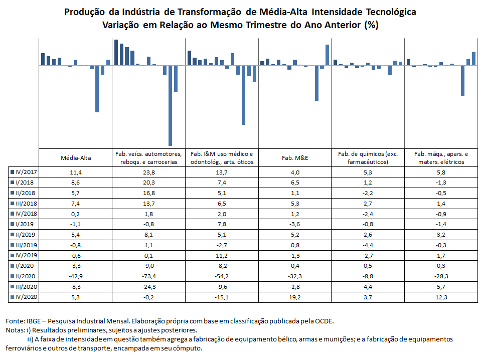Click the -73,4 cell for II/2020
(x=149, y=276)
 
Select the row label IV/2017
(x=26, y=172)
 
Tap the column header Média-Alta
(x=76, y=158)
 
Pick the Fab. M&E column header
(x=295, y=158)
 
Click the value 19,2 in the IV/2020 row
(x=295, y=297)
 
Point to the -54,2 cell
(x=222, y=276)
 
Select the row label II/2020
(x=26, y=276)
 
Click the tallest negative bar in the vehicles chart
(x=170, y=105)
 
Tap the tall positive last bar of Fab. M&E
(x=328, y=55)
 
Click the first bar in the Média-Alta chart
(x=43, y=59)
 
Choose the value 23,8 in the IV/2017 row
(x=149, y=172)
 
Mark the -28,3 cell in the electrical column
(x=441, y=276)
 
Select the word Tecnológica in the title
(x=391, y=12)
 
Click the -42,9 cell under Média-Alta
(x=76, y=276)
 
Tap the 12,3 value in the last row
(x=441, y=297)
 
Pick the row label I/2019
(x=25, y=224)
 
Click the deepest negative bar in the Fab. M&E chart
(x=316, y=83)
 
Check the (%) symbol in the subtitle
(x=371, y=25)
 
